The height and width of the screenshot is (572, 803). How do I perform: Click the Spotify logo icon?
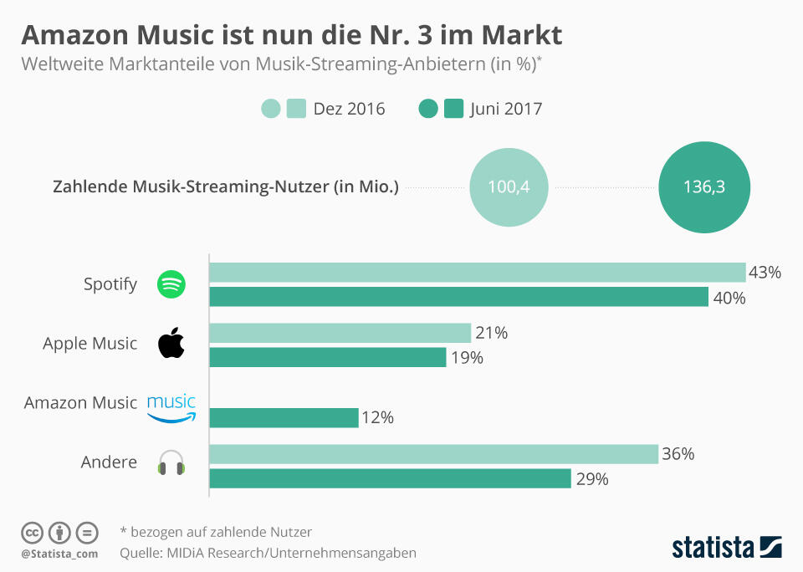click(x=171, y=284)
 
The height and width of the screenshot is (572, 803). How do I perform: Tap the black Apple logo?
click(x=171, y=344)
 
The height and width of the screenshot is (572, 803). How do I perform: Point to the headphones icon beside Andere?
click(x=171, y=462)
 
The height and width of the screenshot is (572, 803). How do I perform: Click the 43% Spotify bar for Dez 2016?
click(x=477, y=273)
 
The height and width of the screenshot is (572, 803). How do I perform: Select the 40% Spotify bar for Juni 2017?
click(x=458, y=297)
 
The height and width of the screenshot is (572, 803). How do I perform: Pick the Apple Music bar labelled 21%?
click(x=340, y=333)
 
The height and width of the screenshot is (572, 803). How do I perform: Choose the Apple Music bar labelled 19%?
click(x=327, y=357)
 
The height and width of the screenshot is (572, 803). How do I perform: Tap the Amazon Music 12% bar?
click(x=284, y=417)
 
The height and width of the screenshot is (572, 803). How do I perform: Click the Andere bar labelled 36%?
click(x=433, y=454)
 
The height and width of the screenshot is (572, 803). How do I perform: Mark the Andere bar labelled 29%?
click(x=390, y=478)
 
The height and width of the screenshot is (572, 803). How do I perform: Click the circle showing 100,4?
click(x=509, y=187)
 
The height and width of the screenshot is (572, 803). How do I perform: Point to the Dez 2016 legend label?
click(x=349, y=109)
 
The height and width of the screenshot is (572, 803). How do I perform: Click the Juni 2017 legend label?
click(x=506, y=109)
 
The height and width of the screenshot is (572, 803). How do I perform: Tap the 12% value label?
click(x=378, y=417)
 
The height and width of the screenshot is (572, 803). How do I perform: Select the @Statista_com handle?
click(x=59, y=554)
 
